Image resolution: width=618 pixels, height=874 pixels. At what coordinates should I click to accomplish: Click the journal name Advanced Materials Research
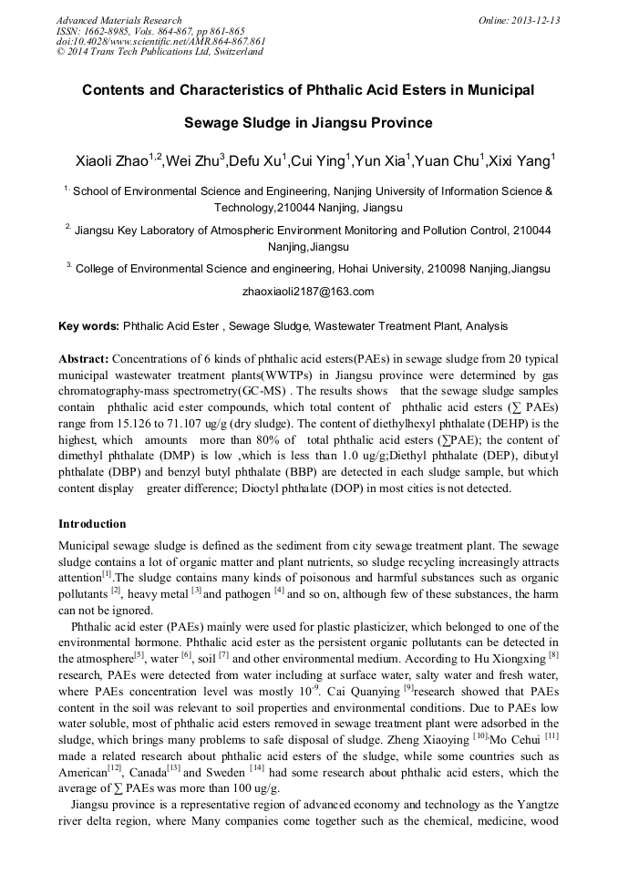click(118, 20)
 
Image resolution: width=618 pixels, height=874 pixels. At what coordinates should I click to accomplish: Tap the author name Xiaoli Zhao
click(111, 162)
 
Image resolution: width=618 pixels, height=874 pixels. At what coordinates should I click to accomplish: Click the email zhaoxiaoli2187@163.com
click(308, 292)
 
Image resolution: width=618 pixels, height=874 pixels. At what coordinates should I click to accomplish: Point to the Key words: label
click(88, 325)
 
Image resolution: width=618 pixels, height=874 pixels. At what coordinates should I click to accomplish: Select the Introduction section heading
click(92, 524)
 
